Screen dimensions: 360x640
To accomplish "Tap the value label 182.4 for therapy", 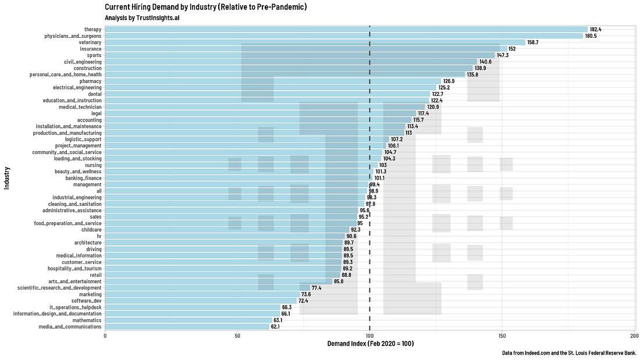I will click(x=595, y=29).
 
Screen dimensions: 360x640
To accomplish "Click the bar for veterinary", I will click(x=314, y=42).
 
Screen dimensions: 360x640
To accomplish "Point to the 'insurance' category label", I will click(x=90, y=49).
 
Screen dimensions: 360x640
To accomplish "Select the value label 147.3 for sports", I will click(x=503, y=55).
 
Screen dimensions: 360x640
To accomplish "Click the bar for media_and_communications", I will click(x=187, y=327).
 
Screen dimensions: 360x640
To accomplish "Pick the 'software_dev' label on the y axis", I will click(x=86, y=301).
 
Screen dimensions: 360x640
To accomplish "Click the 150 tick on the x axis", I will click(x=502, y=336).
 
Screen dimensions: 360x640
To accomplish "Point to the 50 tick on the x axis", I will click(x=237, y=336).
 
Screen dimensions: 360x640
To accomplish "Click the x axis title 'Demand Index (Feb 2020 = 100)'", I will click(x=370, y=344).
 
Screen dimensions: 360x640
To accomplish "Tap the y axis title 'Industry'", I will click(x=6, y=178).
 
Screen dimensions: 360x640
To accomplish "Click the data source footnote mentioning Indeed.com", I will click(x=568, y=353).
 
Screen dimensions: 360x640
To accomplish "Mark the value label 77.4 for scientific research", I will click(x=317, y=288).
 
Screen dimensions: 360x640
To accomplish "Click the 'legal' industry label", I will click(x=96, y=113).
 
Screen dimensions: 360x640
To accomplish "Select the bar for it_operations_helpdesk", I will click(x=192, y=307).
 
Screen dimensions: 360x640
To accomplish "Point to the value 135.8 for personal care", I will click(x=472, y=74).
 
